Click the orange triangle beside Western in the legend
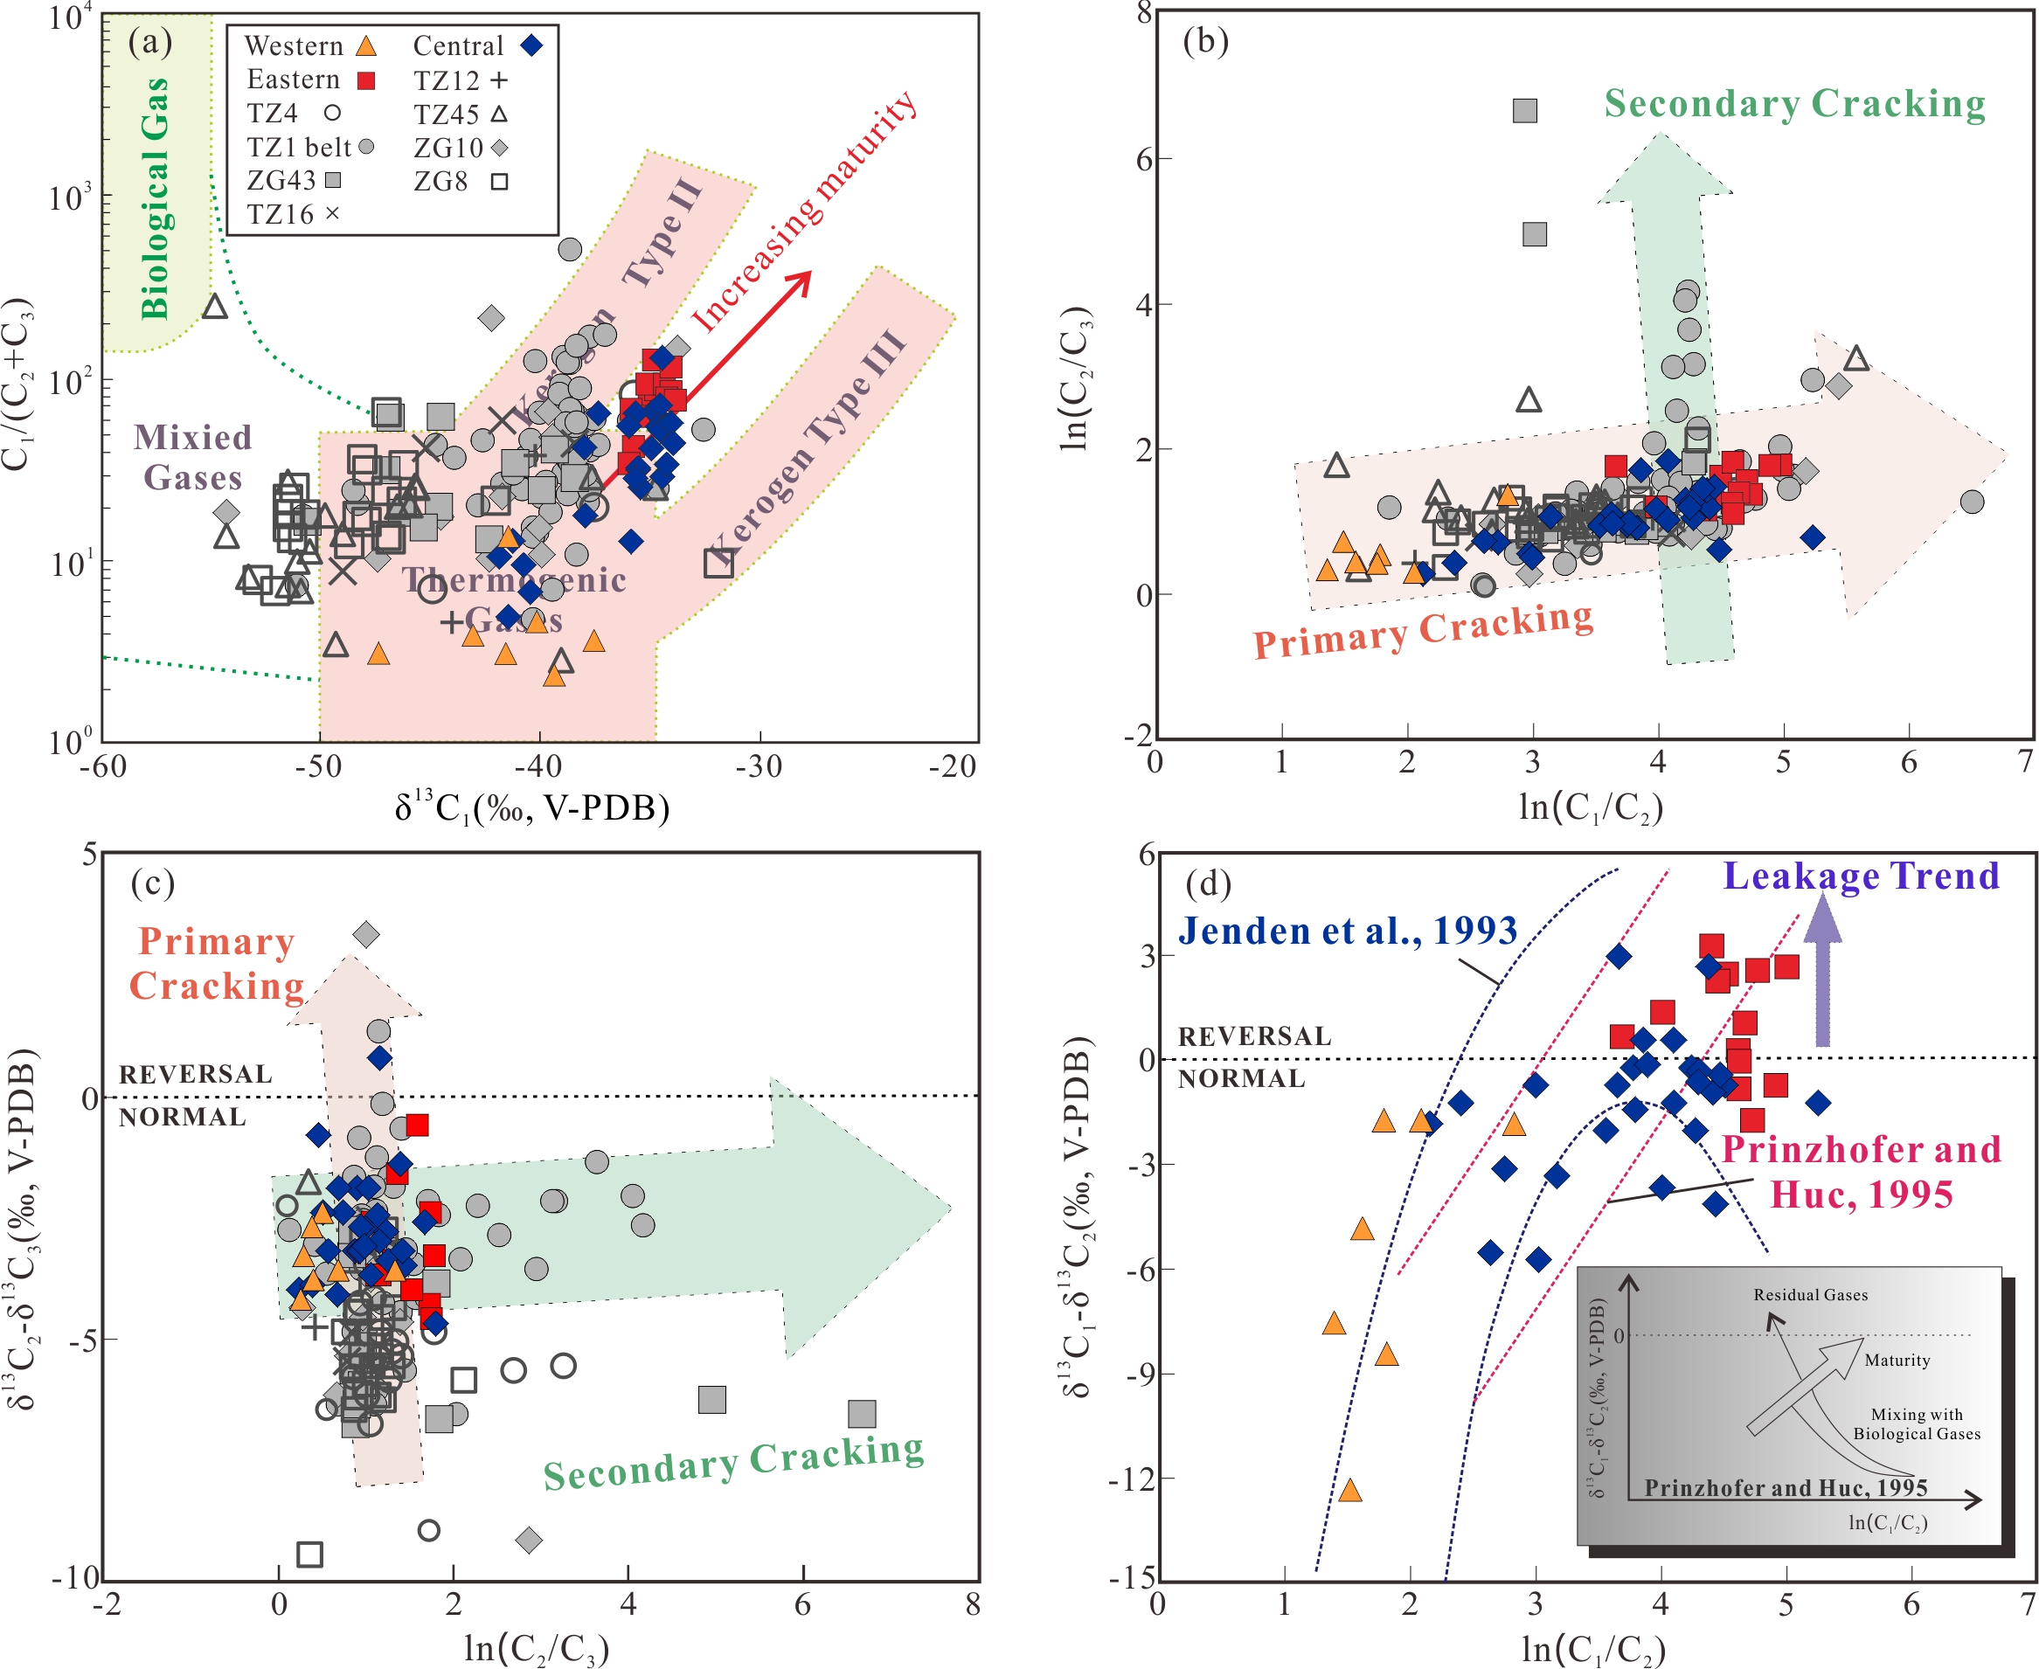click(366, 45)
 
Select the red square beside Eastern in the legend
click(366, 80)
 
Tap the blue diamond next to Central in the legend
click(531, 45)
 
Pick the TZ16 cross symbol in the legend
click(333, 213)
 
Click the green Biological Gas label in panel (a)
click(156, 198)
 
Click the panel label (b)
click(1205, 40)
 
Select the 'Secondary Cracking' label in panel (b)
click(1794, 104)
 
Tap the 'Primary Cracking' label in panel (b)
click(1423, 630)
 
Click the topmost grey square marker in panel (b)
click(1525, 111)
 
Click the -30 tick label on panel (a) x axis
click(759, 766)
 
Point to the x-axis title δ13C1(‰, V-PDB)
click(531, 807)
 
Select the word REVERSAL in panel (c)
click(195, 1074)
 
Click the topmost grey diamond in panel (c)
click(365, 933)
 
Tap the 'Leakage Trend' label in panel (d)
click(1860, 876)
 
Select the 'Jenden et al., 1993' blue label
click(1347, 931)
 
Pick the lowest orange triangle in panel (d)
click(1349, 1491)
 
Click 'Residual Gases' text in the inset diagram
click(1810, 1295)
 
